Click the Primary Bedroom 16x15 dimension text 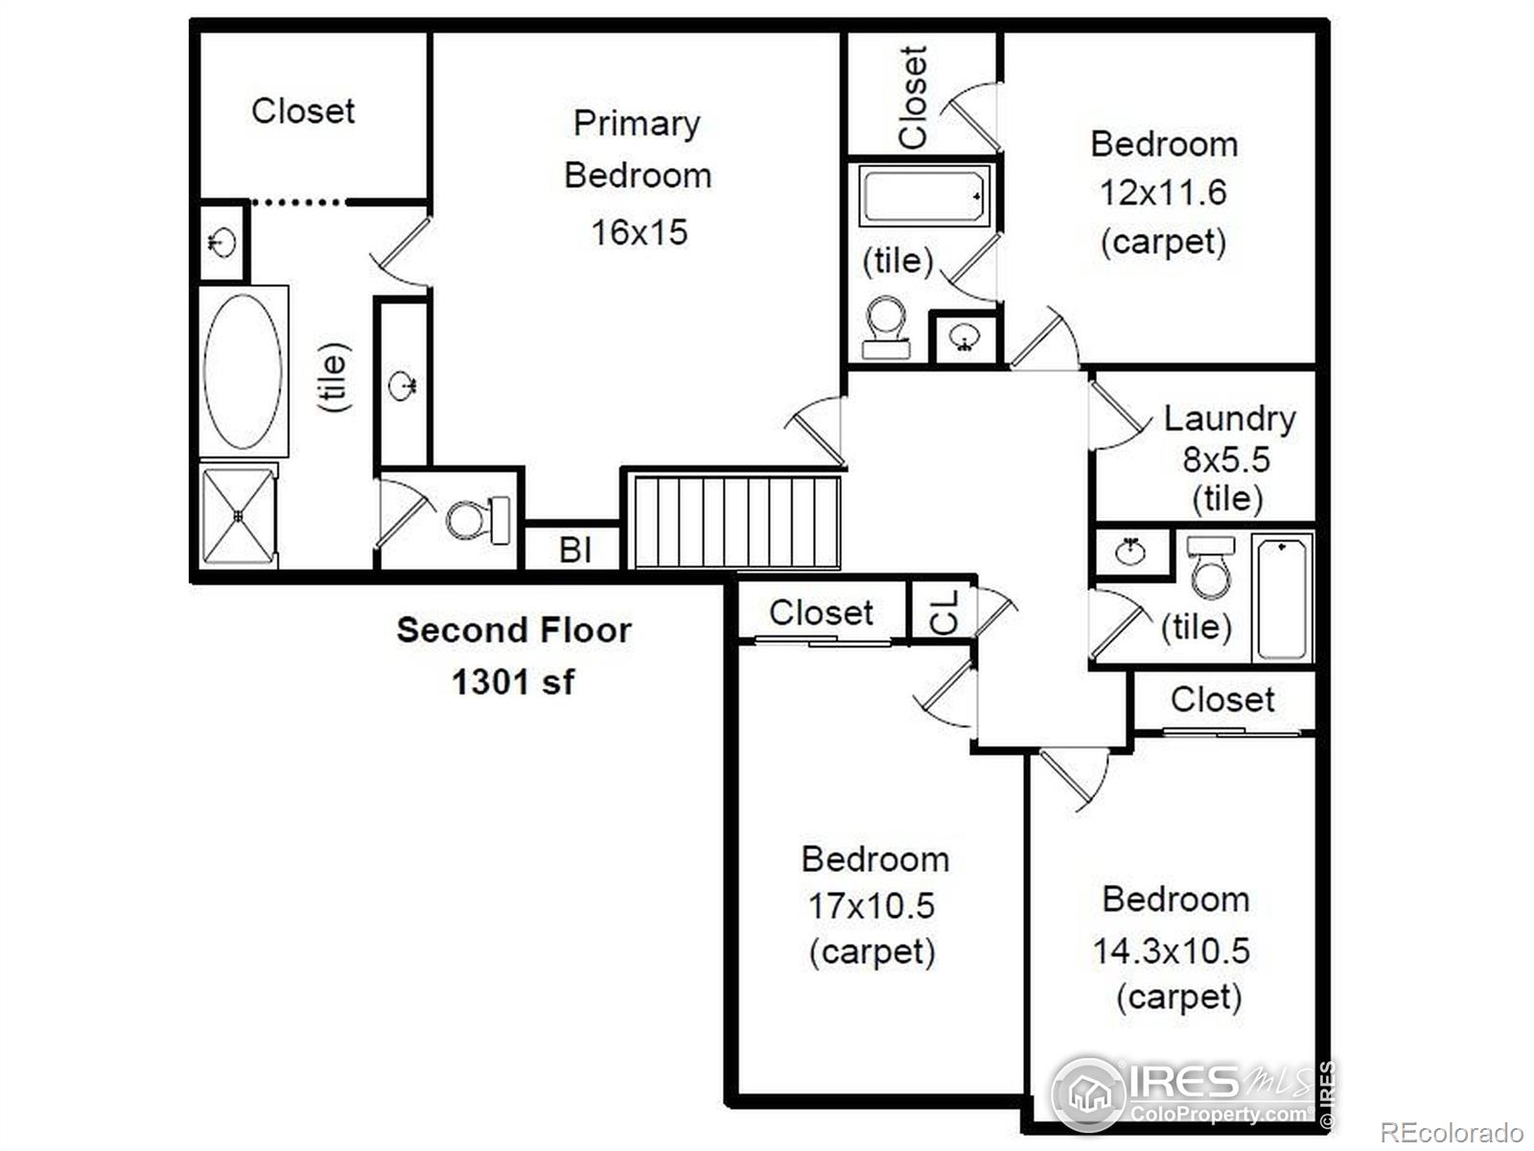coord(639,232)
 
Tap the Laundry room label coord(1229,418)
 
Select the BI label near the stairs coord(575,550)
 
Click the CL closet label coord(944,612)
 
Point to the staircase coord(736,522)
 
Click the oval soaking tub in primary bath coord(243,371)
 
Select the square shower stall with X coord(239,516)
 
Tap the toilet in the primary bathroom coord(478,520)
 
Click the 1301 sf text coord(513,682)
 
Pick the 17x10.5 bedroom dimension coord(871,906)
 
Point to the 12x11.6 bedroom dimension coord(1163,193)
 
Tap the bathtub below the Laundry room coord(1283,598)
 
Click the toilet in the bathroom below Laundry coord(1211,567)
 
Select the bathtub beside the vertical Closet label coord(924,196)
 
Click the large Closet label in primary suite coord(303,111)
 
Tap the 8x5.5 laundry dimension coord(1226,459)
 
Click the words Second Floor coord(514,630)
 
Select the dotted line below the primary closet coord(297,202)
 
